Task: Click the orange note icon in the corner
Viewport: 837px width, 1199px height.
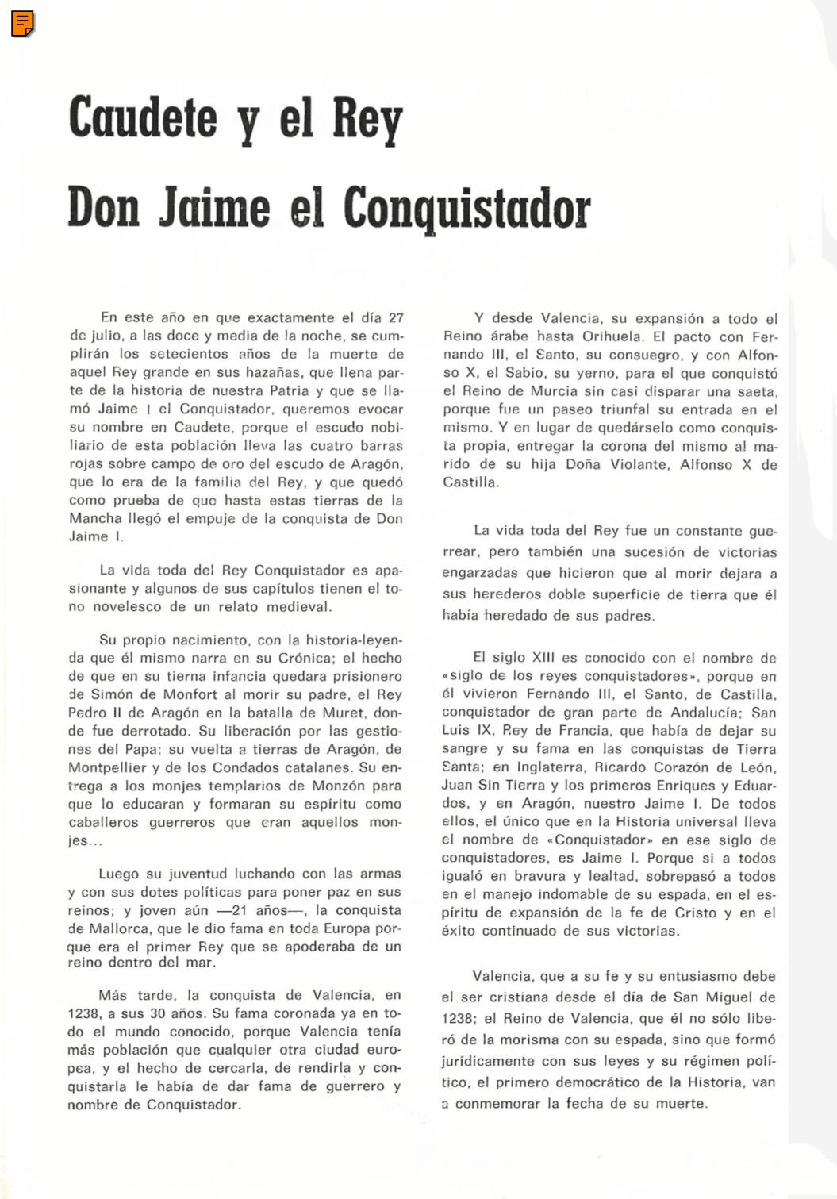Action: (23, 24)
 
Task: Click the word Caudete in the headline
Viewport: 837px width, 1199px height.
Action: (143, 117)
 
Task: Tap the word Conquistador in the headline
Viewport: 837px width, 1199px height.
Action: (466, 208)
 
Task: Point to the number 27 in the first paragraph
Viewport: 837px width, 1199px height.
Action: (395, 318)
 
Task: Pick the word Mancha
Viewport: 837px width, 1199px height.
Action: (95, 518)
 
